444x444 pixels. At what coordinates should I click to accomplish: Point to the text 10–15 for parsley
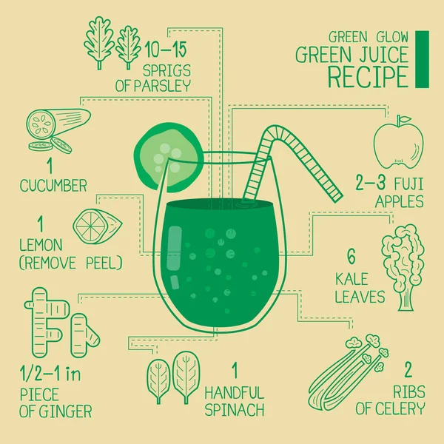166,51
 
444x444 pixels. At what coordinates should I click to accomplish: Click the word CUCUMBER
53,184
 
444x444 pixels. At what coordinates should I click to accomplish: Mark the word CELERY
399,408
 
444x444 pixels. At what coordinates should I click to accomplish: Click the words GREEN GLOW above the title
367,36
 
